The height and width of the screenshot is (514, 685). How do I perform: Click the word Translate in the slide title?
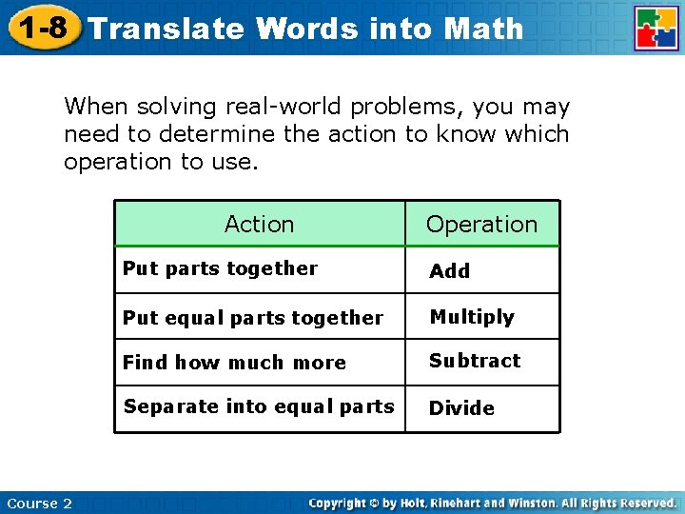[x=166, y=29]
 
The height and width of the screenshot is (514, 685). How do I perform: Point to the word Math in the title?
[x=483, y=29]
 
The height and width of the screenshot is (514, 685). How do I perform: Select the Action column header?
[x=259, y=225]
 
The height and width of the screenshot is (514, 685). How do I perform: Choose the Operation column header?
[x=481, y=225]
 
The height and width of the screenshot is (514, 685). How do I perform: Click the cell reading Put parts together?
[x=220, y=268]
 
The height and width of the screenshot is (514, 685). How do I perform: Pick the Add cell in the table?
[x=449, y=271]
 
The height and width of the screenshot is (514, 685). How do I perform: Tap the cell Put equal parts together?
[x=252, y=318]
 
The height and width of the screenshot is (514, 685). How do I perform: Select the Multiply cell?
[x=472, y=317]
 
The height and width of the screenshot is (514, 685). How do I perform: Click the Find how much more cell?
[x=234, y=363]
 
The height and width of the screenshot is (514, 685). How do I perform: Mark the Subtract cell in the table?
[x=475, y=361]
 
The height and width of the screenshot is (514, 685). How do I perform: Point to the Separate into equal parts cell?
[x=259, y=406]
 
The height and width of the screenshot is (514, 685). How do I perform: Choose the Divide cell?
[x=461, y=408]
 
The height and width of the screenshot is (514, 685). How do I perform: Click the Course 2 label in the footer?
[x=39, y=503]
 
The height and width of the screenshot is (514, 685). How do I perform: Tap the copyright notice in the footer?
[x=493, y=503]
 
